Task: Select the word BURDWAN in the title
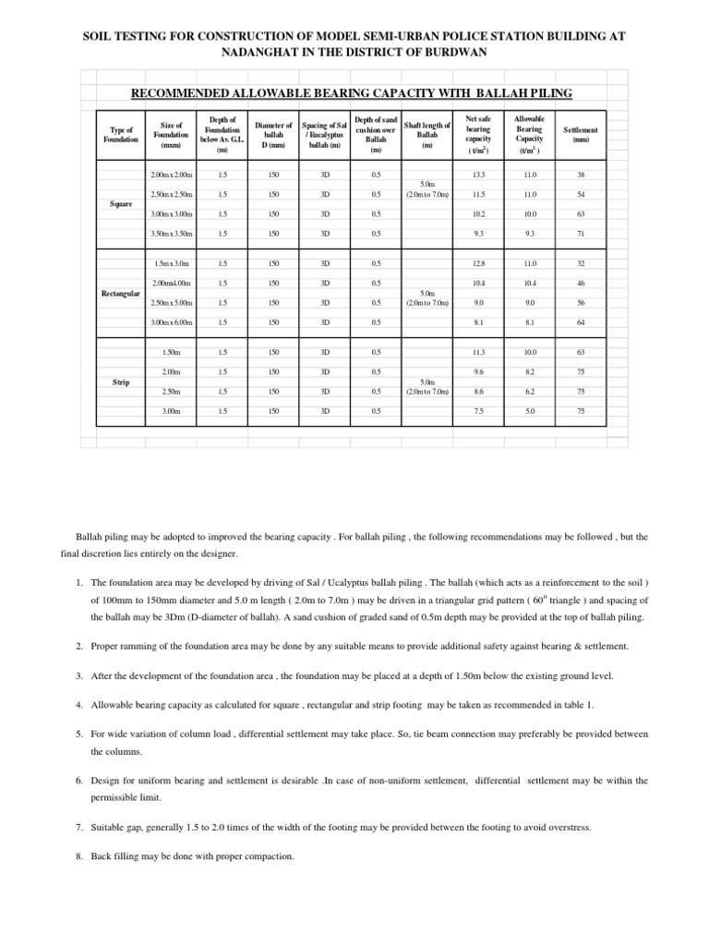pos(452,52)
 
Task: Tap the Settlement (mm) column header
pos(580,136)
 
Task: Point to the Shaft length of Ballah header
pos(427,135)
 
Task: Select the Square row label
pos(120,204)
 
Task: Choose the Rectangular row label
pos(119,293)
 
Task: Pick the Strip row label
pos(119,381)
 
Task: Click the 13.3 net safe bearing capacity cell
pos(477,175)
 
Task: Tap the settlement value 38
pos(580,175)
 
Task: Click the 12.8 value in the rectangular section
pos(477,263)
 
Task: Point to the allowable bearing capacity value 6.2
pos(529,391)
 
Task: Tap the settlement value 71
pos(580,235)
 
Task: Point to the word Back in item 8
pos(102,856)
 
